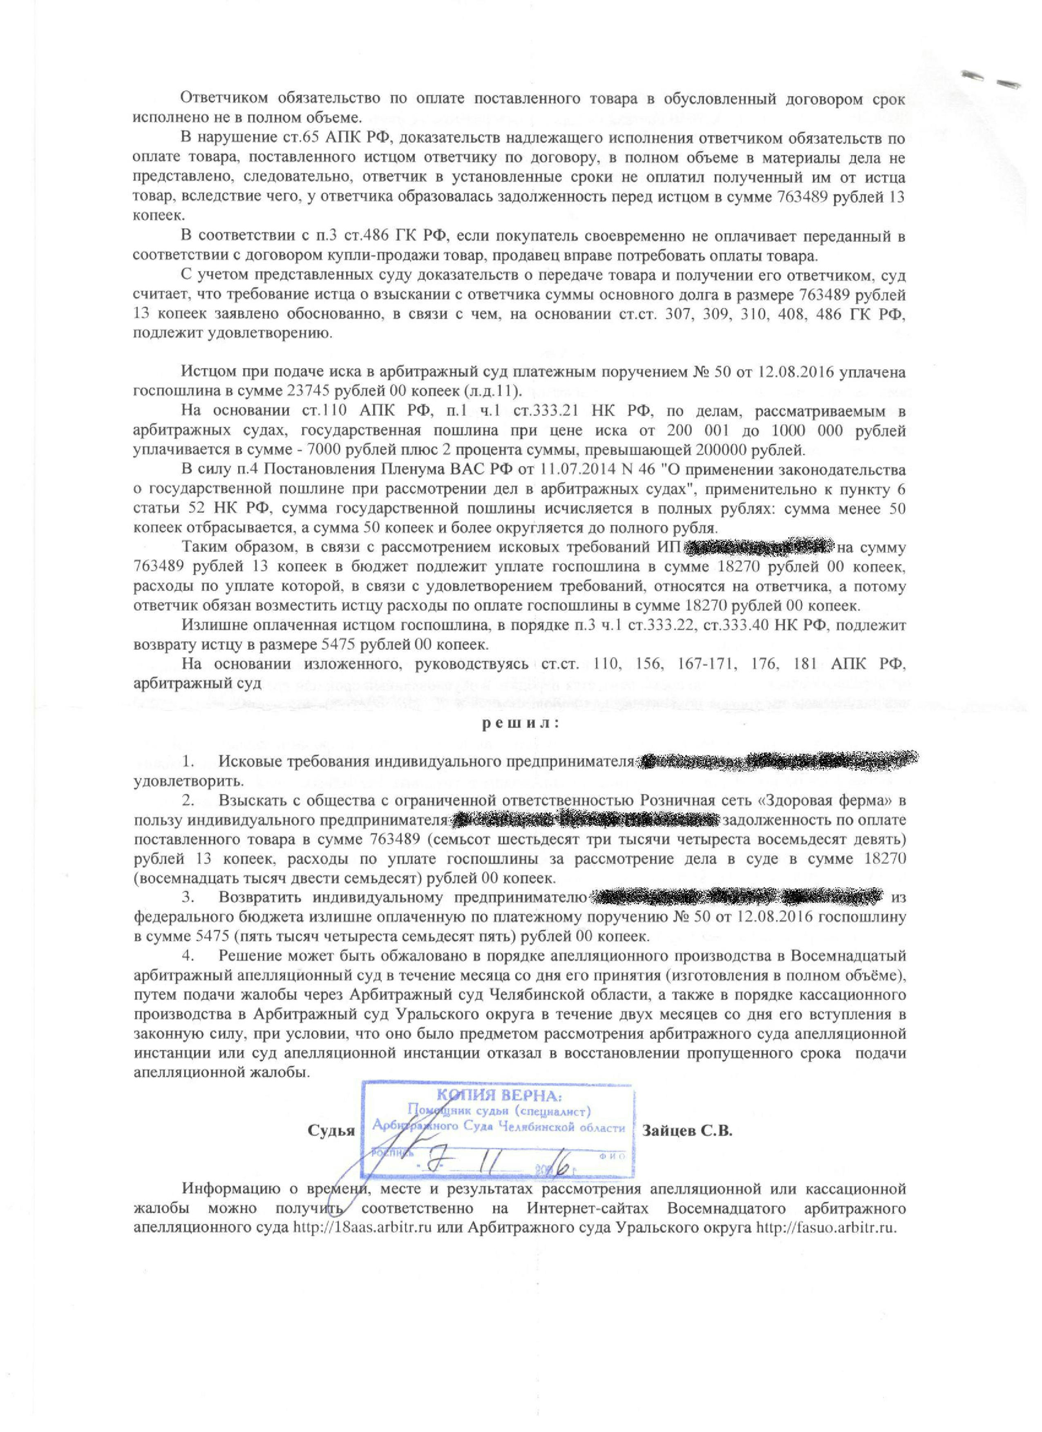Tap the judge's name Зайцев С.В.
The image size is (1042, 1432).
click(x=687, y=1131)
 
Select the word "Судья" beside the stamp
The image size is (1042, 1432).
click(x=331, y=1131)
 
